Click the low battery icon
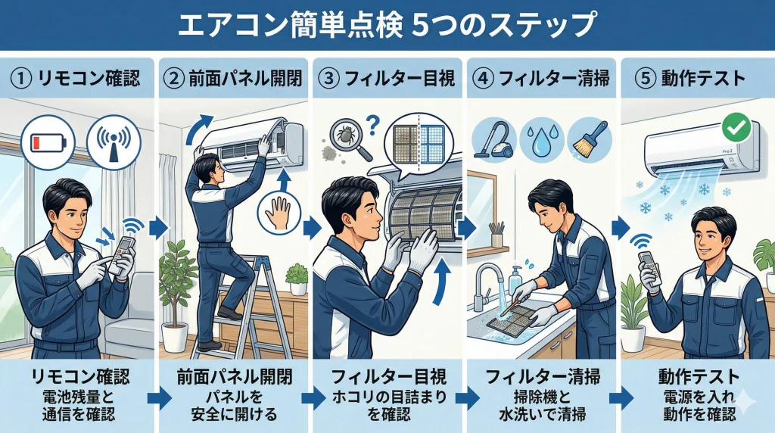[x=45, y=142]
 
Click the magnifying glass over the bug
[x=350, y=142]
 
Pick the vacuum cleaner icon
[x=493, y=139]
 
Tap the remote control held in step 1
[x=122, y=257]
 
